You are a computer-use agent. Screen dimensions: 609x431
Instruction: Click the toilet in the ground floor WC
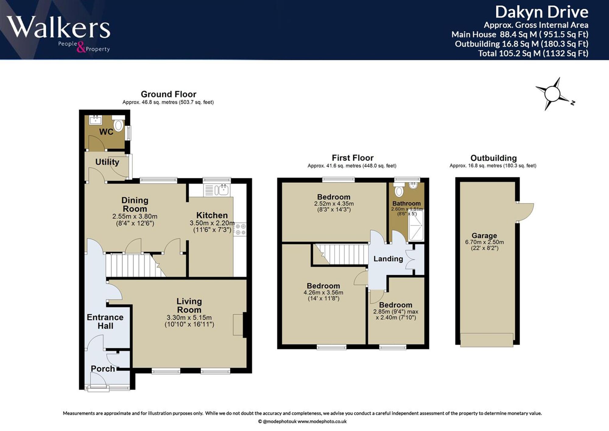point(118,123)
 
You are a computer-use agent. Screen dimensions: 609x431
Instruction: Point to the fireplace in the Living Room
point(239,325)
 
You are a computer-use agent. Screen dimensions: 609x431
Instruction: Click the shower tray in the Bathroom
point(416,225)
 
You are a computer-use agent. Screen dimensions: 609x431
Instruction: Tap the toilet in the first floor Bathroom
point(399,189)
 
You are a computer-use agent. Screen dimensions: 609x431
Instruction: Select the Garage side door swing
point(525,212)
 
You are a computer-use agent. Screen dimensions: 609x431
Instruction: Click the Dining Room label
point(135,204)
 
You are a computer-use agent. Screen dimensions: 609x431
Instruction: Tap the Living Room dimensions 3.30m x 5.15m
point(189,317)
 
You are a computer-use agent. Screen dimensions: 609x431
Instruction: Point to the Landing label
point(388,259)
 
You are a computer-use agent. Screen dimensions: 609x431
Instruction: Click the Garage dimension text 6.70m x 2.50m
point(484,242)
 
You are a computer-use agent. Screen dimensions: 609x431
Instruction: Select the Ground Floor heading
point(168,94)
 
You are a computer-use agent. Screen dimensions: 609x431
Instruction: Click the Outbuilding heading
point(494,158)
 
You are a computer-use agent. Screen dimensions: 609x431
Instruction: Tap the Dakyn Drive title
point(542,12)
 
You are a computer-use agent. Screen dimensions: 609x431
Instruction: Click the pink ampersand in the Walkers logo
point(81,47)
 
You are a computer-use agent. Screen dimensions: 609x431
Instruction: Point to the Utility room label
point(107,162)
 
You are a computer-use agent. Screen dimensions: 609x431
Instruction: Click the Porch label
point(103,369)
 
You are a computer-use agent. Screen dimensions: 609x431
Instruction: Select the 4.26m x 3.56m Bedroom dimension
point(323,293)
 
